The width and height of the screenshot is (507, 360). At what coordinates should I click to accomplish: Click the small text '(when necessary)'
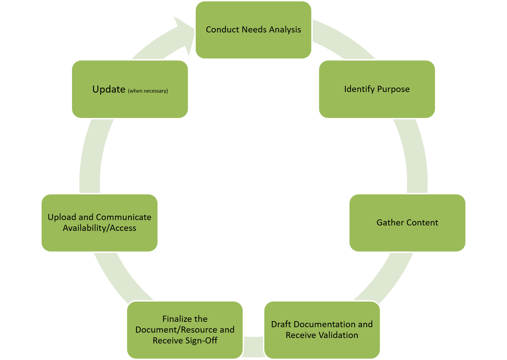pos(148,91)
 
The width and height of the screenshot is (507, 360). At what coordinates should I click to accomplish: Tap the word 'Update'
pos(109,89)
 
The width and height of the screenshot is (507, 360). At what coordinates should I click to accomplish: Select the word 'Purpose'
pos(393,89)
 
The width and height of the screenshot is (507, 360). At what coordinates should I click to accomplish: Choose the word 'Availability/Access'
pos(99,228)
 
